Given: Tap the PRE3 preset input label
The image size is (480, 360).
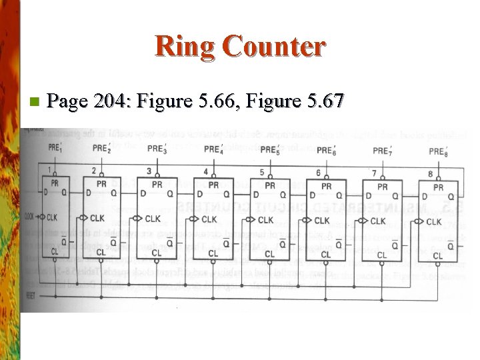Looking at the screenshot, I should coord(157,149).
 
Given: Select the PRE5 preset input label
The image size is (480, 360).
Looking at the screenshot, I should coord(270,149).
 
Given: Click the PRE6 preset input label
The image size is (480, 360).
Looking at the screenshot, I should coord(326,150).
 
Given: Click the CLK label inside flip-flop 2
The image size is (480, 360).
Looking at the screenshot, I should coord(97,218).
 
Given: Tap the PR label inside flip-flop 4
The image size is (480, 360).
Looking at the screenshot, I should coord(213,185).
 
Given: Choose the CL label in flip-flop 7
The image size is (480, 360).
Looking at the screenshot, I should coord(382,255).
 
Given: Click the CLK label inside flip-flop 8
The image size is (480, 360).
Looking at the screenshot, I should coord(434,221).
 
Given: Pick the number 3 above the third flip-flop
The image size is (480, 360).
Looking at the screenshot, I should coord(149,172).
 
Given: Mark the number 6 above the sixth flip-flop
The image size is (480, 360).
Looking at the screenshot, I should coord(318,173).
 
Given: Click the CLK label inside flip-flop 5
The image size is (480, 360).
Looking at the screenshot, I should coord(266,219).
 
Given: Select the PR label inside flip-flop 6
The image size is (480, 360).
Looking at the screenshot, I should coord(326,186).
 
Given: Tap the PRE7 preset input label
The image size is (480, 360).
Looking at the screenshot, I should coord(383,151).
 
